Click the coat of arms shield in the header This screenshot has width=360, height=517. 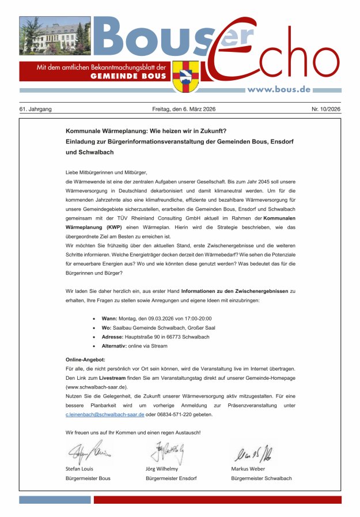[186, 77]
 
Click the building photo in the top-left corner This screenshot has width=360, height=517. [55, 35]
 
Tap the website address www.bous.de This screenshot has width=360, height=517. [279, 89]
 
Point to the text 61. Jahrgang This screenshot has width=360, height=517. [36, 108]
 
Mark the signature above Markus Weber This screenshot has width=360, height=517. [253, 451]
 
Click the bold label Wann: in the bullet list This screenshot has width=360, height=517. [109, 318]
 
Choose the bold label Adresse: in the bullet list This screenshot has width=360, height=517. [112, 337]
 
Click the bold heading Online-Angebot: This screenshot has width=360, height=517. [85, 359]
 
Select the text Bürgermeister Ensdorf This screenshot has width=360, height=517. [171, 478]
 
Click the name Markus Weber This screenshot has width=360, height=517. [248, 469]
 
